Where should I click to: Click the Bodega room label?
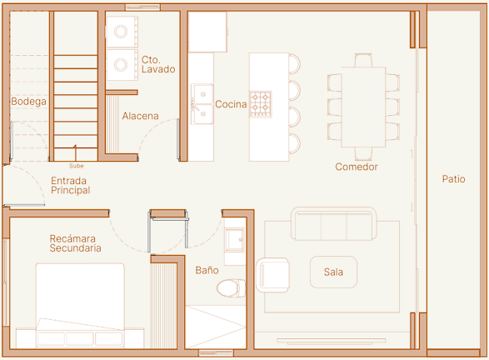[28, 102]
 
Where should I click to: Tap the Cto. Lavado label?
[158, 64]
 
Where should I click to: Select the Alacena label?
[140, 116]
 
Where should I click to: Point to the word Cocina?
[231, 104]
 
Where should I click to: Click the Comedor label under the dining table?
[357, 167]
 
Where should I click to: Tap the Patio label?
[453, 179]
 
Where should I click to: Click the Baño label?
[207, 270]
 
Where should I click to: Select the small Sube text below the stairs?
[77, 166]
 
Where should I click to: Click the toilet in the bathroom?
[231, 288]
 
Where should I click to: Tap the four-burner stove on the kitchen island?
[261, 104]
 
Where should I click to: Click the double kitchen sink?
[202, 104]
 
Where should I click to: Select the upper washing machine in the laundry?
[122, 32]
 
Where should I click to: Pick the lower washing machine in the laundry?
[122, 65]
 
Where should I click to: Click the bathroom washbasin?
[235, 240]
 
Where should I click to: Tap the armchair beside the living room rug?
[272, 275]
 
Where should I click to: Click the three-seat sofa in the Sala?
[333, 223]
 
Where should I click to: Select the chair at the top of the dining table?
[363, 60]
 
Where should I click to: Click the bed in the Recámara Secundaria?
[80, 306]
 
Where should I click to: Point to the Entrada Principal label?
[71, 186]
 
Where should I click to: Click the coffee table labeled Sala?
[333, 272]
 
